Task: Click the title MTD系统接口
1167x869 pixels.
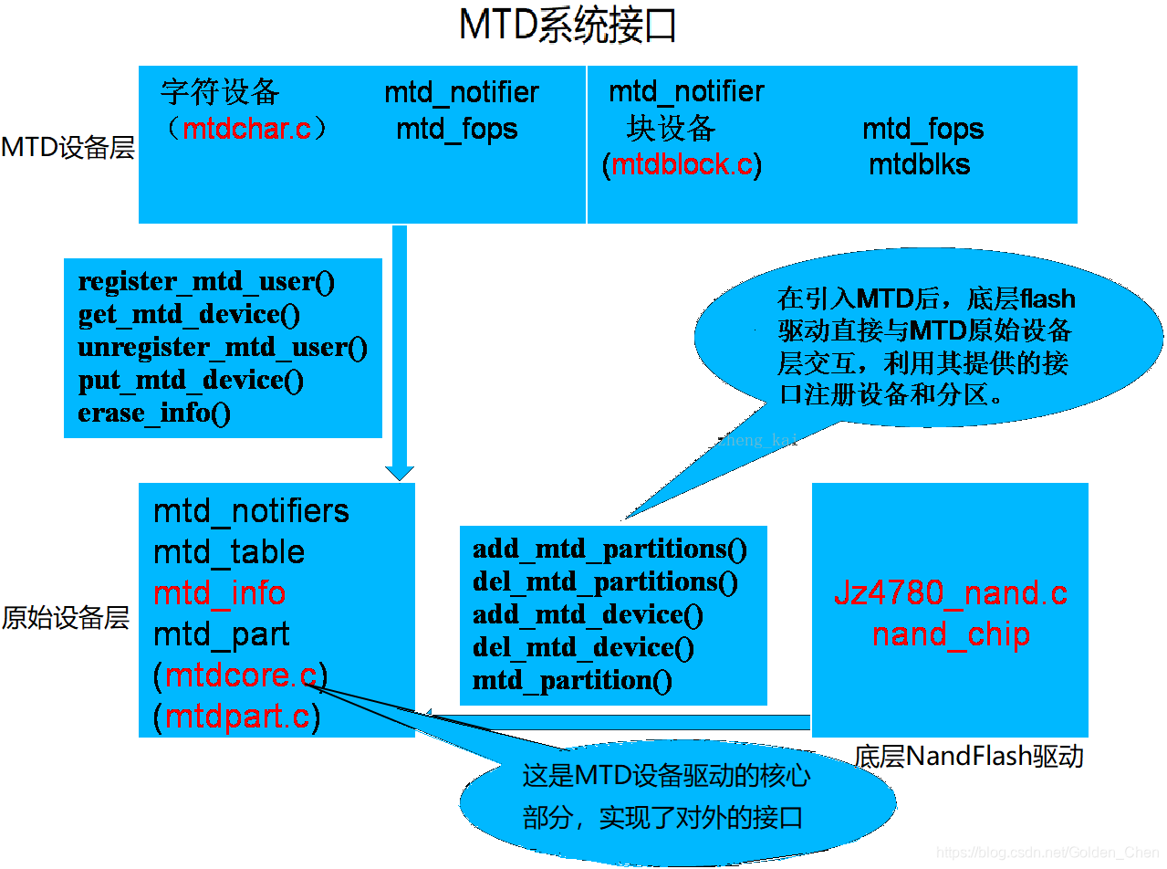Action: (x=568, y=27)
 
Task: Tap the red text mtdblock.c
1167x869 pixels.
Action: (x=682, y=165)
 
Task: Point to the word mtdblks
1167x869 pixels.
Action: (x=919, y=165)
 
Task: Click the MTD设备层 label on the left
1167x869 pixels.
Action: (x=68, y=148)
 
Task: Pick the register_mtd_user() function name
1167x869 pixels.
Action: (x=207, y=281)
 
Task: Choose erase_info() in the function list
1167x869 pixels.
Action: (x=154, y=413)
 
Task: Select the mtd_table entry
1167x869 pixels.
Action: (x=229, y=552)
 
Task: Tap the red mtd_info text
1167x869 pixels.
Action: (x=219, y=593)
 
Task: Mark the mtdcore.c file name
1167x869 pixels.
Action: (x=241, y=676)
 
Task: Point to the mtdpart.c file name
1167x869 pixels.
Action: (x=237, y=717)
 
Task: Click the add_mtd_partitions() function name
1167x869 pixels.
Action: (x=610, y=549)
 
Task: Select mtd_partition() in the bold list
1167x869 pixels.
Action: (x=572, y=680)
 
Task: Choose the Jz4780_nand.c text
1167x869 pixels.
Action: (x=951, y=593)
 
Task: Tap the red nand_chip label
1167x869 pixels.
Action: (x=951, y=634)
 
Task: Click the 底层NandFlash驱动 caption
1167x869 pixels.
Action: (x=969, y=756)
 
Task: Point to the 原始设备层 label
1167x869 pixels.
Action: (x=66, y=619)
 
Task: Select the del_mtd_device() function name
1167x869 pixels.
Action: (x=583, y=647)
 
